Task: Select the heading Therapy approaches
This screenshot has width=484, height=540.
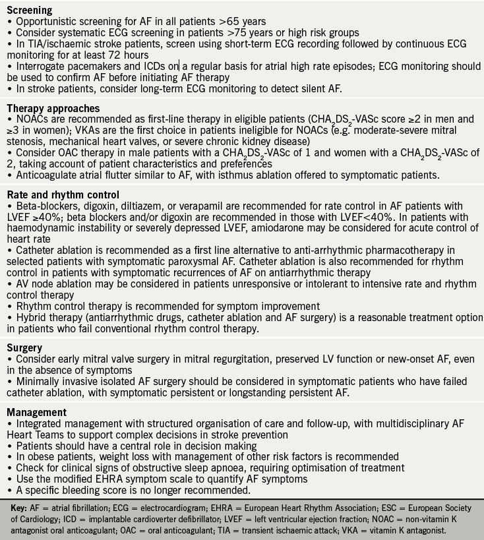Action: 53,108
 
